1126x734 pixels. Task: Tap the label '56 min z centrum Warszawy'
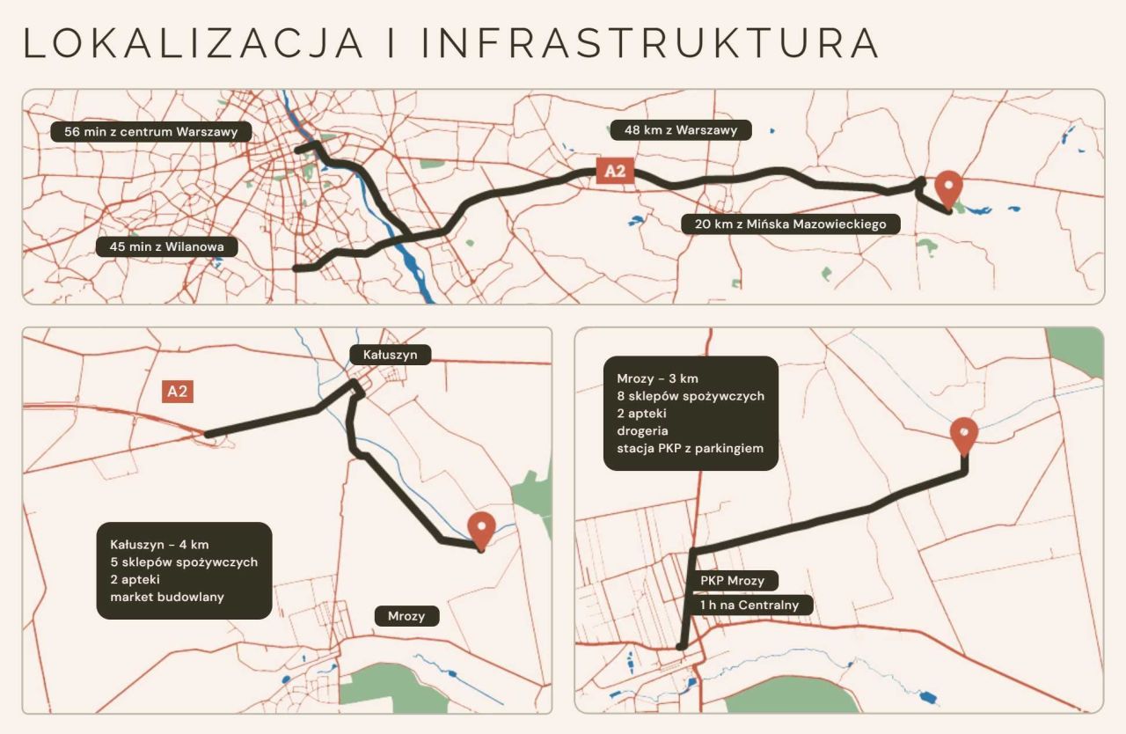pos(151,132)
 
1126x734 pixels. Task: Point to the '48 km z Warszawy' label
pos(681,130)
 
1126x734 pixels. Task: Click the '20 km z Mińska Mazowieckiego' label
pos(790,224)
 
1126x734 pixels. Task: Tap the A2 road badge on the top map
pos(615,171)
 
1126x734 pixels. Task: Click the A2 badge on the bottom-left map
pos(178,392)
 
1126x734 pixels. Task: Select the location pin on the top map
pos(947,186)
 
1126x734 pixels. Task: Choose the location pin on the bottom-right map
pos(965,432)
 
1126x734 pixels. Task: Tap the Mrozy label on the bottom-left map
pos(406,616)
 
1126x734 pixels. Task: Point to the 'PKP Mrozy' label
pos(733,581)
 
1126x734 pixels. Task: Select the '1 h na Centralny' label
pos(750,605)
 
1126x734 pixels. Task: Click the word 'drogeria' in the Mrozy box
pos(643,431)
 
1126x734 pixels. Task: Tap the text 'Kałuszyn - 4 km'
pos(159,544)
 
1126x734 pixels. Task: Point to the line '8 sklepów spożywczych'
pos(691,396)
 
